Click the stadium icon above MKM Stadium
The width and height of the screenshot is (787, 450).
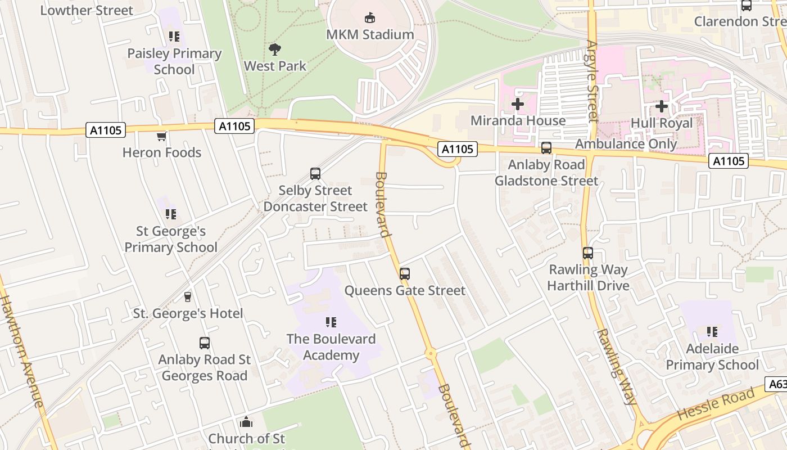click(x=370, y=18)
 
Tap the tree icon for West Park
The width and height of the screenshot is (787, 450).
click(x=275, y=49)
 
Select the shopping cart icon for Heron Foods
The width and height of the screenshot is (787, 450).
click(x=162, y=136)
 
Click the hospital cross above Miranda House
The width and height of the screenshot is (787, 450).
click(x=517, y=104)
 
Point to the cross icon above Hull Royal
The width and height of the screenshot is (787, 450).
click(x=662, y=106)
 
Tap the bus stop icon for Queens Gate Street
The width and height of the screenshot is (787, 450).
click(x=405, y=274)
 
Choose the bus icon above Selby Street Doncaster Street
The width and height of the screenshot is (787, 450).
click(x=315, y=174)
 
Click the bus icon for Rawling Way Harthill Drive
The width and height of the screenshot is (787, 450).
click(x=588, y=253)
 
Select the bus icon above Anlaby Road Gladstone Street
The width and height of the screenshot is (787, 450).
click(x=546, y=148)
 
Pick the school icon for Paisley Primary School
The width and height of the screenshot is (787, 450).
click(x=174, y=37)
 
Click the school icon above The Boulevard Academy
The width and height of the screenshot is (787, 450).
click(x=331, y=322)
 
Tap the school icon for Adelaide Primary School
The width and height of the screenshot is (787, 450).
click(x=712, y=332)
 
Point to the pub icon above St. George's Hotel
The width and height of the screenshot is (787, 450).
click(x=188, y=297)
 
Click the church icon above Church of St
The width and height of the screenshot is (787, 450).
click(x=246, y=422)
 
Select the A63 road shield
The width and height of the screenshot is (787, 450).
click(x=777, y=384)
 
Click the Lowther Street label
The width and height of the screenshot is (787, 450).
click(x=87, y=10)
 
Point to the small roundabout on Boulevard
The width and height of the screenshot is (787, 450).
click(x=431, y=354)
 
